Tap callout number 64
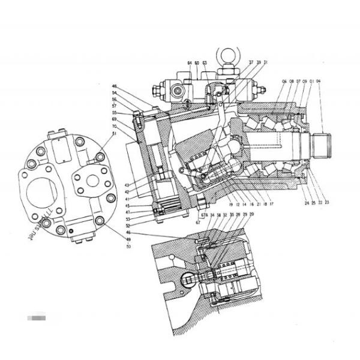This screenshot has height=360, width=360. click(x=189, y=63)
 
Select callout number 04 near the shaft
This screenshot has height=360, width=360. click(x=319, y=81)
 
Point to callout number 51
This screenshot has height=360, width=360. click(x=115, y=134)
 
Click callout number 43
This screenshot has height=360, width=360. click(x=127, y=185)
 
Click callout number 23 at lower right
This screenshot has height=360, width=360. click(x=327, y=203)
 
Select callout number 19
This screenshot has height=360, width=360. click(x=230, y=205)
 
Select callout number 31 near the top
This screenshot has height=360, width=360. click(x=266, y=63)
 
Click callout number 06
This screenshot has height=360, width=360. click(x=284, y=81)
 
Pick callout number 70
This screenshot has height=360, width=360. click(x=114, y=127)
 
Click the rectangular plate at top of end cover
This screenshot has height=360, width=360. click(x=62, y=147)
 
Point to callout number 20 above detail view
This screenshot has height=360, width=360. click(x=251, y=215)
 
